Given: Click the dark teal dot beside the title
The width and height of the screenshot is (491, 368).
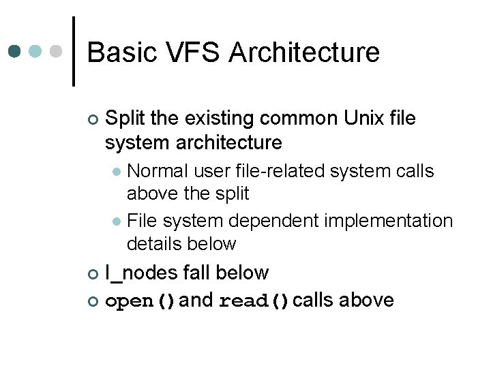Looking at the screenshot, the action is [x=16, y=51].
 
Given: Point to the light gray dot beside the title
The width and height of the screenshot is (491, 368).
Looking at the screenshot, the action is [x=57, y=51].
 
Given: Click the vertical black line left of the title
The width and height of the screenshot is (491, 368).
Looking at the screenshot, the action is [x=74, y=52].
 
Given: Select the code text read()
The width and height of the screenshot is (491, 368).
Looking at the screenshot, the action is [x=254, y=301].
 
